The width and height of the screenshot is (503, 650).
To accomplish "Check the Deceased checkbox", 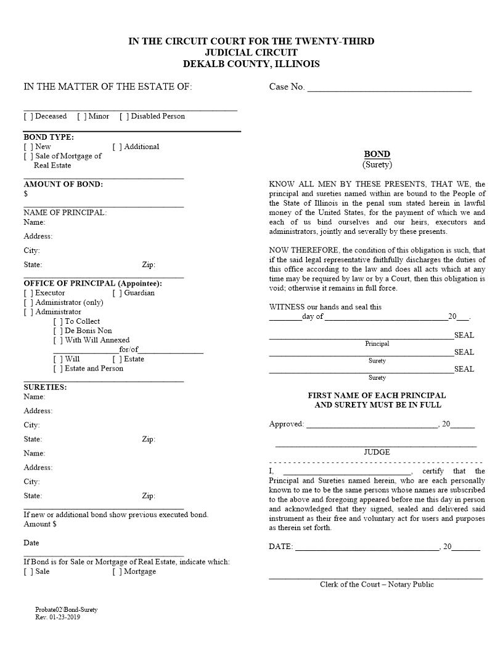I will (28, 116).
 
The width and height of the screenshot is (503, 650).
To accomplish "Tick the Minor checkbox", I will (81, 116).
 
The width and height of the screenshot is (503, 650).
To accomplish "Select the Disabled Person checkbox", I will (124, 116).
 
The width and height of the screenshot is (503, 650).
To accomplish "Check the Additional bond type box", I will (117, 147).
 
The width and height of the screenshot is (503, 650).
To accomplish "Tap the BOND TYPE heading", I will (49, 137).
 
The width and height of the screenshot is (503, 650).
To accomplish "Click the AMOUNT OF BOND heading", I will (63, 184).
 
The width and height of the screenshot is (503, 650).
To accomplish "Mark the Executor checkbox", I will (28, 293).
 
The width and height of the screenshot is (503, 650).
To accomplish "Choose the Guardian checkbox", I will (117, 293).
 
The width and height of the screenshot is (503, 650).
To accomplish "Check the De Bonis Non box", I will (58, 331).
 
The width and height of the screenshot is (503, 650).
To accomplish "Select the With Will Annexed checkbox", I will (58, 340).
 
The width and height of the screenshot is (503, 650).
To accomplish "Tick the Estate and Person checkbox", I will (58, 369).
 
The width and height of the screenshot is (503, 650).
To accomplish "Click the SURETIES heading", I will (45, 387).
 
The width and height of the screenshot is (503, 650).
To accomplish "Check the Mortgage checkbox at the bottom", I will (117, 572).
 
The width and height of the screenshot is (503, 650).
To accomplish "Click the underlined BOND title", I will (377, 154).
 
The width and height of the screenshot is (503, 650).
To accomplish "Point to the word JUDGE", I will (377, 452).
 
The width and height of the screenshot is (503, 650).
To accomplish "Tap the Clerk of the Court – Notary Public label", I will (377, 585).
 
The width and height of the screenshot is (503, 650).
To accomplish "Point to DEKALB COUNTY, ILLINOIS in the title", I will (251, 64).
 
